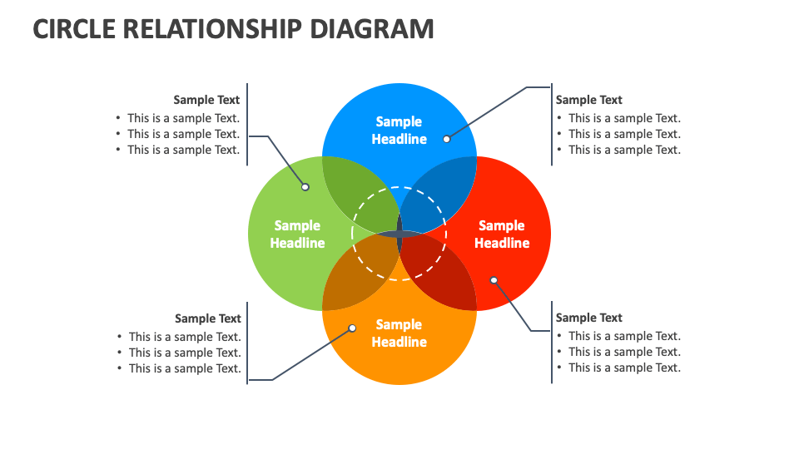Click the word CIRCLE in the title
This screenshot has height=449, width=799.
point(73,28)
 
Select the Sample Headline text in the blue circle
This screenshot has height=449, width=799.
point(399,131)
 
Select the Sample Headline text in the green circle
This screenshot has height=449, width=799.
point(297,234)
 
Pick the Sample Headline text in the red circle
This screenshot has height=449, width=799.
point(502,234)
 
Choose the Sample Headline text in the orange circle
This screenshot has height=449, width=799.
point(399,333)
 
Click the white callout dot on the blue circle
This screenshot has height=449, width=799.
point(447,139)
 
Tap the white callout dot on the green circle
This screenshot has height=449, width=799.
point(305,187)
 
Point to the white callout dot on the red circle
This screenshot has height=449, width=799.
point(494,280)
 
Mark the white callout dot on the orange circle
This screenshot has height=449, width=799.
point(352,328)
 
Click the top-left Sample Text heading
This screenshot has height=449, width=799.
point(206,100)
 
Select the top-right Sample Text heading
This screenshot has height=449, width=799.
point(589,100)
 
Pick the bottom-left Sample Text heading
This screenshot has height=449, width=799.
point(208,318)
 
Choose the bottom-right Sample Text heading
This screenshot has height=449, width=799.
point(589,318)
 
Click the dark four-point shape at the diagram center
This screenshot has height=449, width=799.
point(399,234)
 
